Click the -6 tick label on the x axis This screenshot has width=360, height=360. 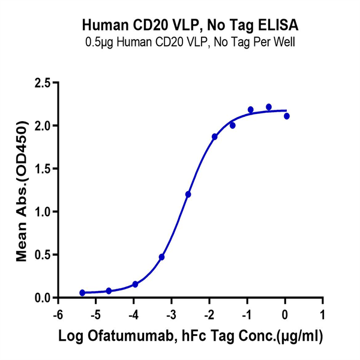coord(58,315)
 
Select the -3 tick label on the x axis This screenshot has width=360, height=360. coord(170,315)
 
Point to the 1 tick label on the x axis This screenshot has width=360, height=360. coord(322,315)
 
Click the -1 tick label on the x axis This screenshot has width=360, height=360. coord(246,315)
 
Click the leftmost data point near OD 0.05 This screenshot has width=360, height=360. coord(82,293)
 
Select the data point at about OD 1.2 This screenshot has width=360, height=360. coord(188,194)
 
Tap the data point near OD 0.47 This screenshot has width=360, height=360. coord(162,257)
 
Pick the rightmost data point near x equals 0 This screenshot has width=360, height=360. coord(287,116)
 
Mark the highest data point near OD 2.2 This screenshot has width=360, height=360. coord(269,107)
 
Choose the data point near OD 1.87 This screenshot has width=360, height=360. coord(215,137)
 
